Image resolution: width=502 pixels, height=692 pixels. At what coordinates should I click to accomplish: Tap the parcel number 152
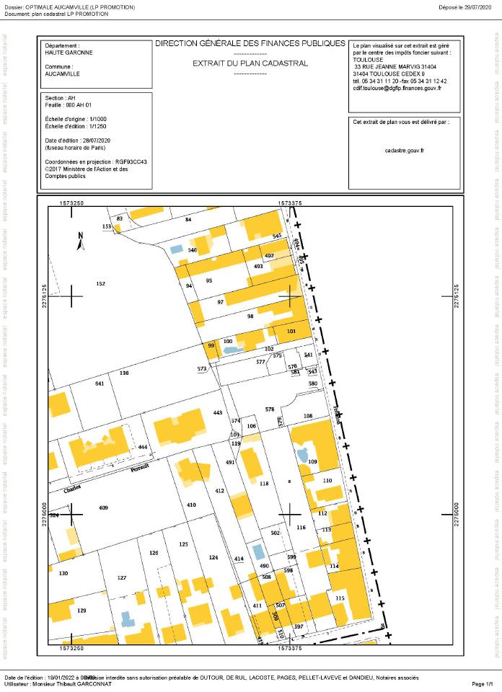tap(101, 284)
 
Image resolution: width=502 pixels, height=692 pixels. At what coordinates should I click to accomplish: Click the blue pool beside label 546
tap(176, 249)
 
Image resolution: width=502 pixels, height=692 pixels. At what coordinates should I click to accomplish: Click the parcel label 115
tap(340, 578)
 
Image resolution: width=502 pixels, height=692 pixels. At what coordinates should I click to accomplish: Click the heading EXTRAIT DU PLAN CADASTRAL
tap(250, 63)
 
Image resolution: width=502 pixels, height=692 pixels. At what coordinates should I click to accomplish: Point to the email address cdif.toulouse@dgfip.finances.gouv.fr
tap(397, 88)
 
